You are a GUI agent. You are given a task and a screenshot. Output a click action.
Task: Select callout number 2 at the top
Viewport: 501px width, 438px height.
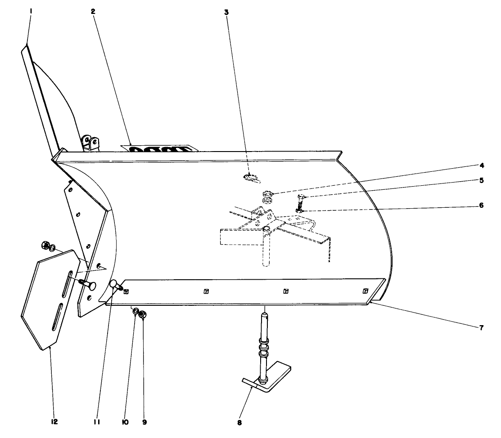(x=93, y=12)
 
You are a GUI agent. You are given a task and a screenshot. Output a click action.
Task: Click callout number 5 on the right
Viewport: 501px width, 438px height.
(x=481, y=181)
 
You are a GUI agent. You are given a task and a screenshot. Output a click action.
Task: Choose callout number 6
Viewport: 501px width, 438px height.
(x=481, y=205)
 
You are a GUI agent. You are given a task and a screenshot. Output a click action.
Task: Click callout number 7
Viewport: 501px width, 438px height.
(x=481, y=328)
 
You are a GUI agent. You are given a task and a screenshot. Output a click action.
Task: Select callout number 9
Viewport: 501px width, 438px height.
(x=144, y=422)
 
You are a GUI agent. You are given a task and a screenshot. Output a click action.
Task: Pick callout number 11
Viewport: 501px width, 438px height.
(x=97, y=422)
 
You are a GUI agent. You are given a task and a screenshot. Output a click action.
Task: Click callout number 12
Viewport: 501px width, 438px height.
(x=54, y=422)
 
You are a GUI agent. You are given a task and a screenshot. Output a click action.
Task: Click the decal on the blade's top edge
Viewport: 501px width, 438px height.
(x=160, y=148)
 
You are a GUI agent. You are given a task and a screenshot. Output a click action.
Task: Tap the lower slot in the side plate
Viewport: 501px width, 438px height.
(x=58, y=319)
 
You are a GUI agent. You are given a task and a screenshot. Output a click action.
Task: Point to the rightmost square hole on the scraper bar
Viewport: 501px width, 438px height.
(x=365, y=291)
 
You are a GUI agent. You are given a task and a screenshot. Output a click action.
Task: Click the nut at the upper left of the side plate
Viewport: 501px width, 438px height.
(x=45, y=246)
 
